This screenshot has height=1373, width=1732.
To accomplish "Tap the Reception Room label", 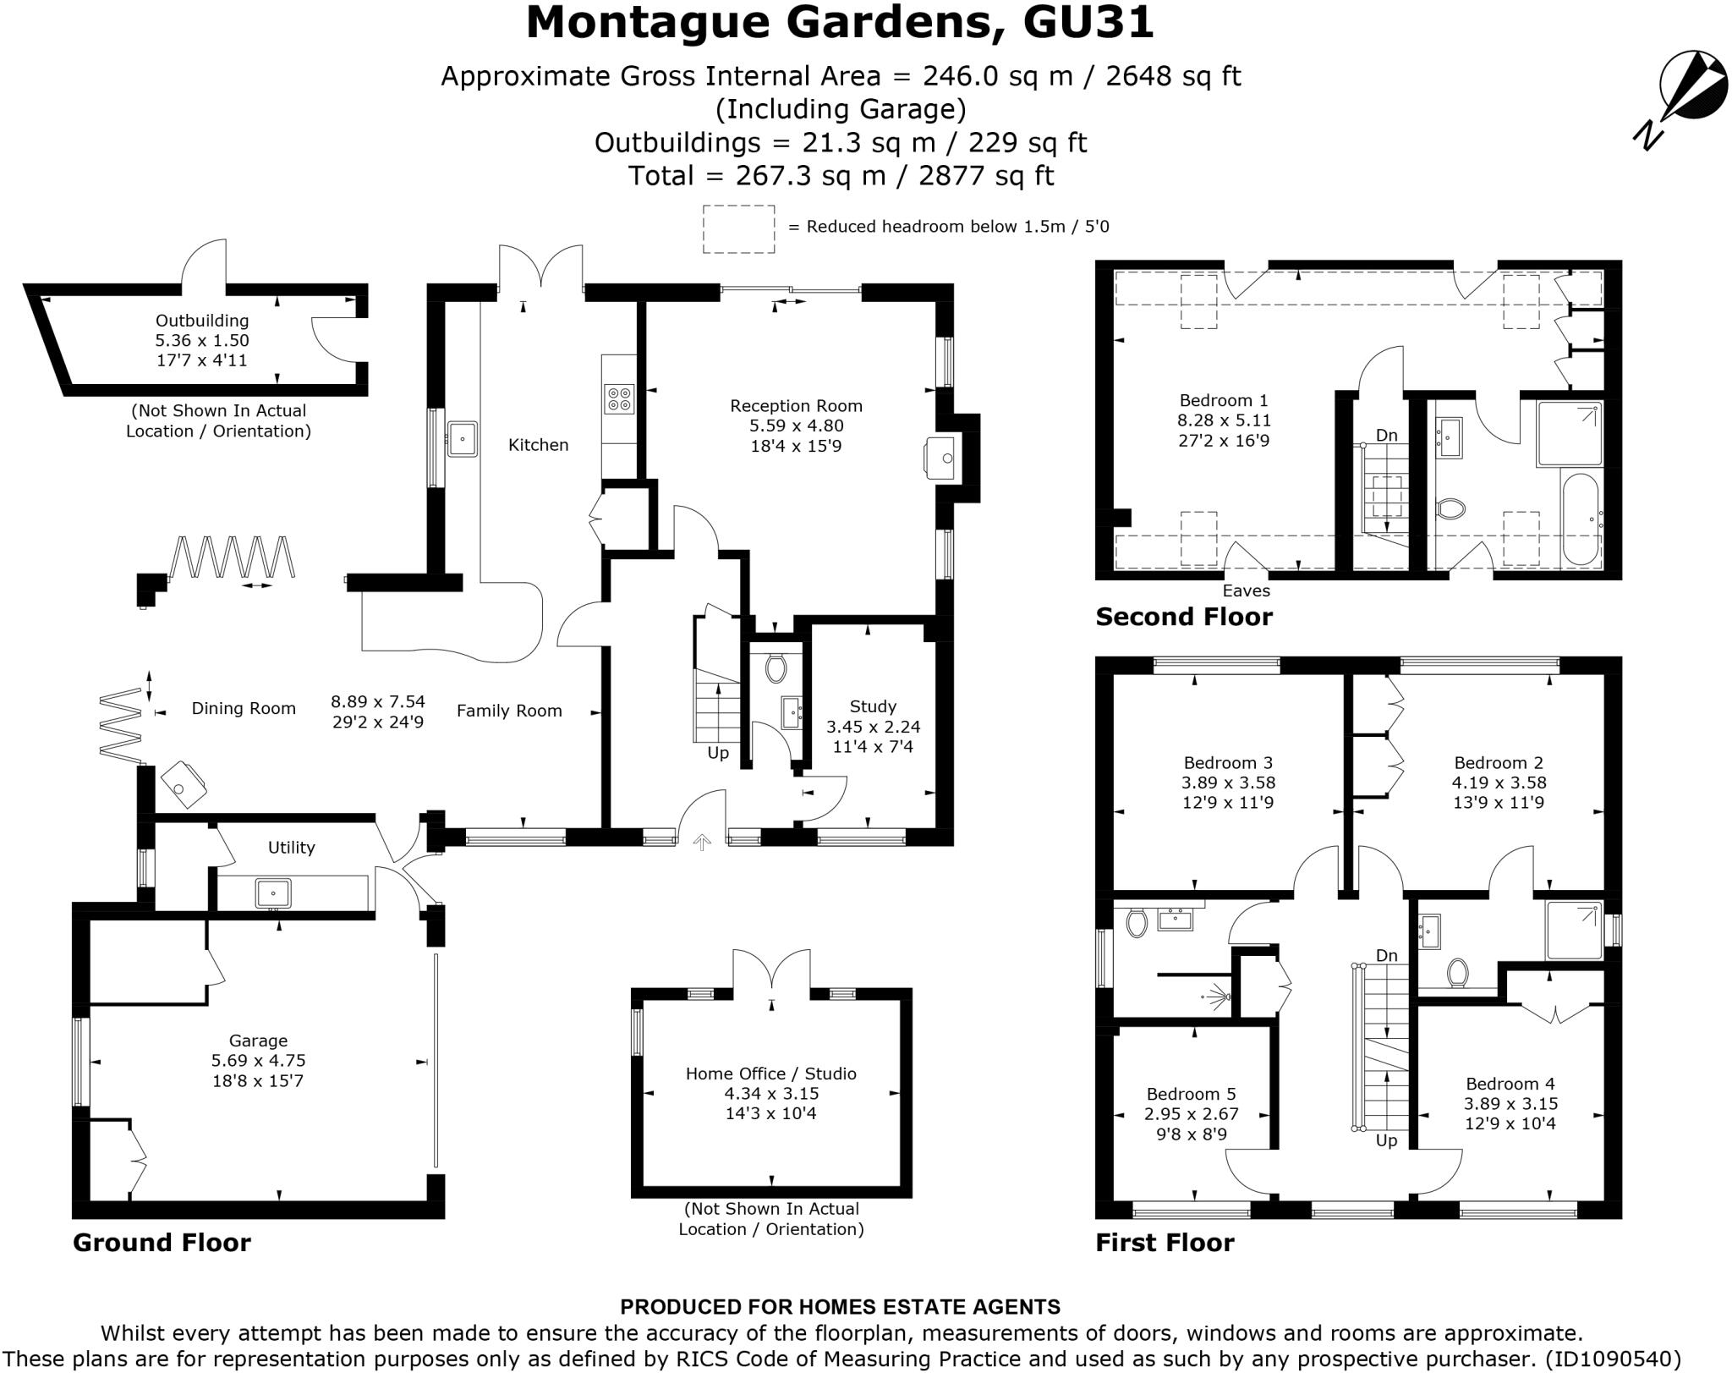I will [796, 406].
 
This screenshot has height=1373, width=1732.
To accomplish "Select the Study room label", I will [873, 706].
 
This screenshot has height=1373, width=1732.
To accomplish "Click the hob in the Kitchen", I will [619, 398].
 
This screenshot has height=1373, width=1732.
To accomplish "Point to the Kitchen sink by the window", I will [462, 439].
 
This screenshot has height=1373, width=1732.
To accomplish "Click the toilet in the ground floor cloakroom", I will [775, 668].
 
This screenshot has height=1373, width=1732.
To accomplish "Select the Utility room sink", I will [273, 893].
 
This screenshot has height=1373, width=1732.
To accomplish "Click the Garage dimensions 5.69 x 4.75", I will [258, 1061].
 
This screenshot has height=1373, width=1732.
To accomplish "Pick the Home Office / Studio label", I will [770, 1074].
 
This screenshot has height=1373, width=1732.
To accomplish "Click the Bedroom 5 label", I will [1191, 1094].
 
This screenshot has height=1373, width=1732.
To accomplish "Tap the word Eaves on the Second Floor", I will [1246, 590].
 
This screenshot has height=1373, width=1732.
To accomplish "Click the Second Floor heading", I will [1183, 617].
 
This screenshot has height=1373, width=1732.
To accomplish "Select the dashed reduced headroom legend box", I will [738, 228].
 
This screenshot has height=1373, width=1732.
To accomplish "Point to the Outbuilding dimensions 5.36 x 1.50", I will [201, 340].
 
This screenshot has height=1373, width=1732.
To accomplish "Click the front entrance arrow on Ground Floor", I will [702, 842].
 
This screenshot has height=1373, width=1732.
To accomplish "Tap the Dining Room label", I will [244, 709].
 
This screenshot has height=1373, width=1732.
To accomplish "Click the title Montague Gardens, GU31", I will [839, 23].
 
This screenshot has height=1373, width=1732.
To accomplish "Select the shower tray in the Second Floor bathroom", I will [1570, 434].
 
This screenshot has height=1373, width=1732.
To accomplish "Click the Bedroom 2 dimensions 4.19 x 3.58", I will [1499, 783].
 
